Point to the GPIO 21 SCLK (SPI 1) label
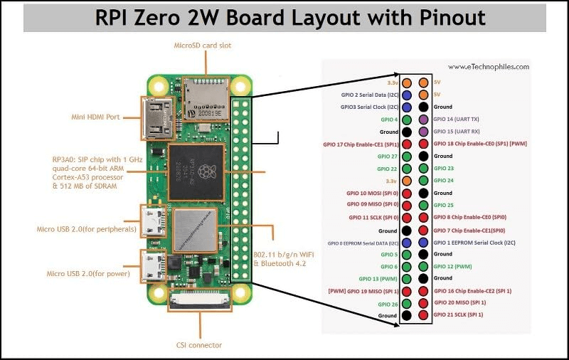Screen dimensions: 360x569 tap(459, 314)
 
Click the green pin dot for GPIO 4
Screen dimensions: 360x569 tap(407, 120)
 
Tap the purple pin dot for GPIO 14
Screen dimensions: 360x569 tap(425, 120)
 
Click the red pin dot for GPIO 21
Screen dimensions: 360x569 tap(425, 315)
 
